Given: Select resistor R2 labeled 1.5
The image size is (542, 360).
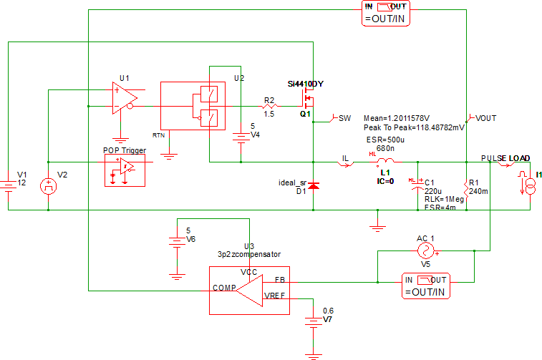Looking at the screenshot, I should click(269, 106).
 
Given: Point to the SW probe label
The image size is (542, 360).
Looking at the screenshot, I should click(344, 117).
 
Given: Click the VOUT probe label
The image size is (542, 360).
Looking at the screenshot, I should click(486, 117).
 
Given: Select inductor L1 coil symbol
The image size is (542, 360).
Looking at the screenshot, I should click(384, 163).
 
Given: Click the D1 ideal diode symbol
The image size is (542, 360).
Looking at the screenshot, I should click(313, 186).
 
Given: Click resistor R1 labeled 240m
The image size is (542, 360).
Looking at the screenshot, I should click(466, 190).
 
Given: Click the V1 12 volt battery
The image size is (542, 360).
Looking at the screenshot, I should click(8, 185).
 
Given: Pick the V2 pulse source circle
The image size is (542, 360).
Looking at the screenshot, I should click(48, 187).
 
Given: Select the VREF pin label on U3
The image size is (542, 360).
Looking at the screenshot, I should click(275, 294).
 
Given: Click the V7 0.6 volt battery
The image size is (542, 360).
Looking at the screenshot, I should click(313, 322).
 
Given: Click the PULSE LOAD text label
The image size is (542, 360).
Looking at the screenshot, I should click(505, 157).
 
